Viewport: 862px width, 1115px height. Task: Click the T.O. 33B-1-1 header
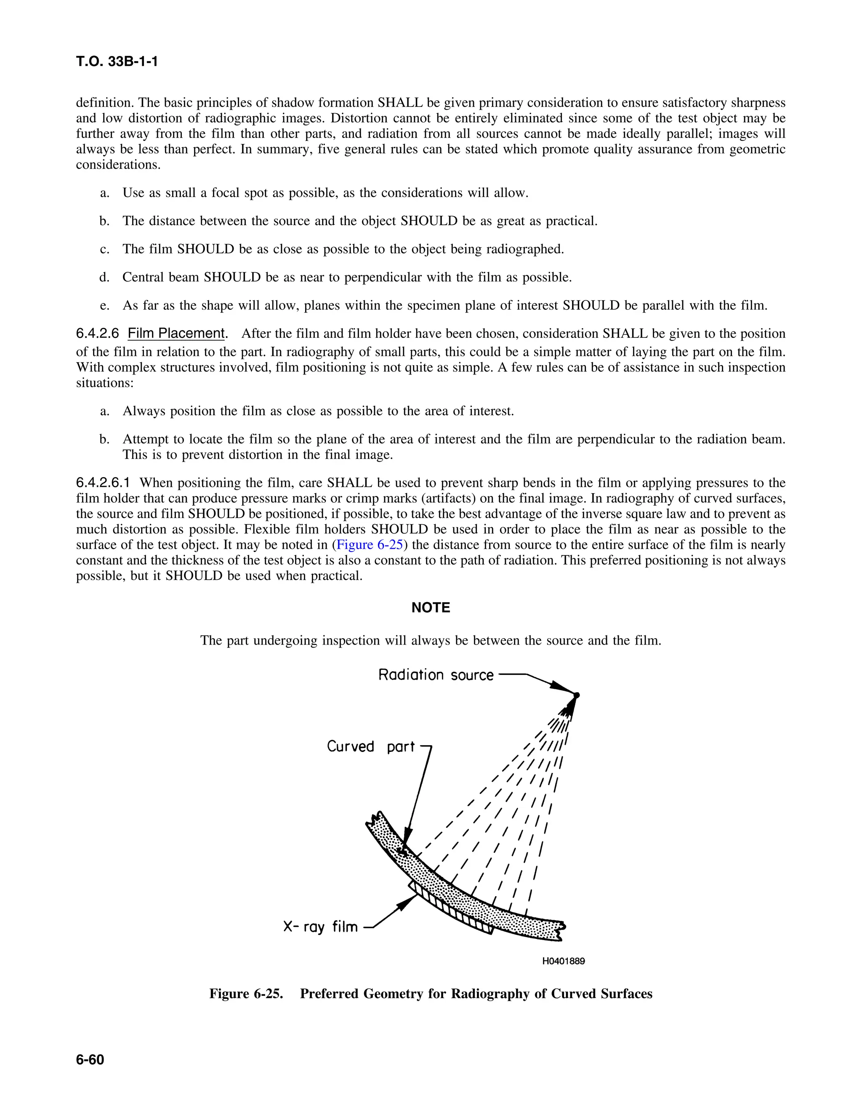tap(117, 62)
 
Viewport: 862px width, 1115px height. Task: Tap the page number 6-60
tap(90, 1060)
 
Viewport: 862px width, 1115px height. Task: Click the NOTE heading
tap(431, 608)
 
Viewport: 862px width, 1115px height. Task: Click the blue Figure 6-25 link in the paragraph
tap(370, 545)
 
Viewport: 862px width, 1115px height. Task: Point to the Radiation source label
tap(436, 675)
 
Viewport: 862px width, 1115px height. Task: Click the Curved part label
tap(371, 746)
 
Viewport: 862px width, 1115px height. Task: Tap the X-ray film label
tap(320, 926)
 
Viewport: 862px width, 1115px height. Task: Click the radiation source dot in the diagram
tap(577, 695)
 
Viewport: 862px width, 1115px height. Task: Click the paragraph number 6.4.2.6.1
tap(103, 483)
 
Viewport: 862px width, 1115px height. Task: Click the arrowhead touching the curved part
tap(405, 847)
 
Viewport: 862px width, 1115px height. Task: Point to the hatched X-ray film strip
tap(452, 909)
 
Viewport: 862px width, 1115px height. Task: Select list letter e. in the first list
tap(105, 305)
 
